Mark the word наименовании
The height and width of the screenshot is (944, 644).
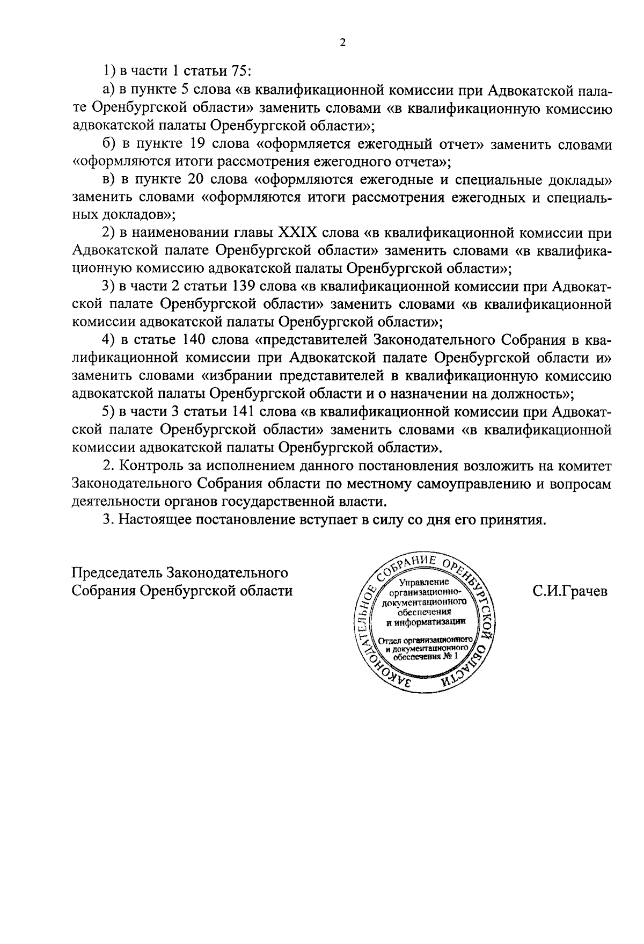179,233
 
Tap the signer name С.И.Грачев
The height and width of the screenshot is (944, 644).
570,591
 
